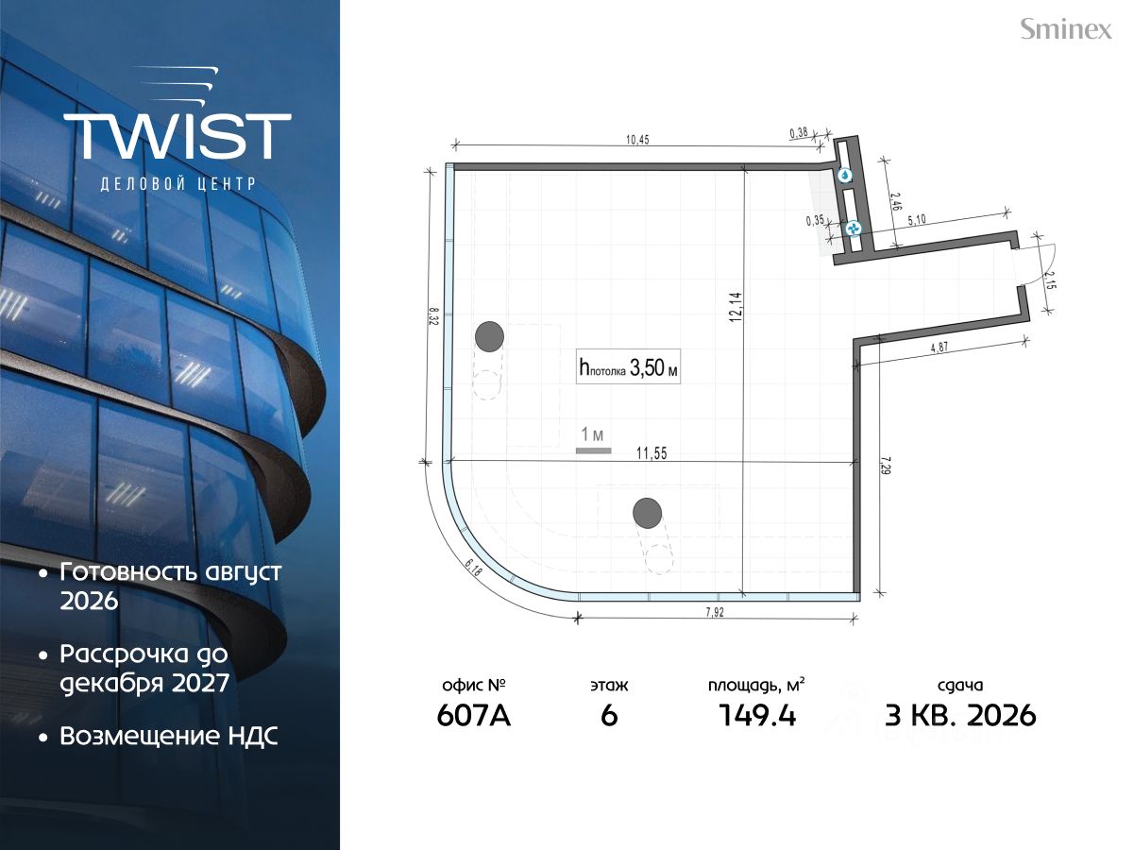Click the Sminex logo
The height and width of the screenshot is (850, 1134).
tap(1066, 29)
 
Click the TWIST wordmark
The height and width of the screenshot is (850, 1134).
tap(178, 136)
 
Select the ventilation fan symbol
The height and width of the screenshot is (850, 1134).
tap(854, 228)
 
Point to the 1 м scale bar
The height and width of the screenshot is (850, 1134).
tap(594, 450)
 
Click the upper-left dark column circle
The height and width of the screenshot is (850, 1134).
tap(489, 336)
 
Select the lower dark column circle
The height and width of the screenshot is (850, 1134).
tap(647, 513)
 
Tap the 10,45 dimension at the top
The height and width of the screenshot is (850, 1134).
tap(637, 140)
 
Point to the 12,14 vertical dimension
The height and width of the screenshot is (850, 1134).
tap(736, 307)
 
